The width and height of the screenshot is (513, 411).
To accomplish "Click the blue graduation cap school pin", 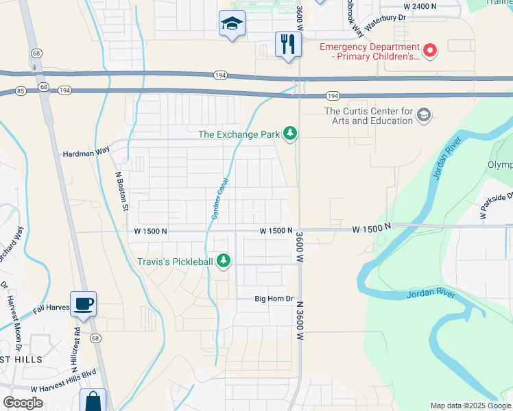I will (x=232, y=25).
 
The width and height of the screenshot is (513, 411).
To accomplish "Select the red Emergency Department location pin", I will (x=430, y=49).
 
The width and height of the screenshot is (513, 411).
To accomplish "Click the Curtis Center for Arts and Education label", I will (x=368, y=116).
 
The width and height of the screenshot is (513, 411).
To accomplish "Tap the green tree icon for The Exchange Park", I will (x=290, y=134).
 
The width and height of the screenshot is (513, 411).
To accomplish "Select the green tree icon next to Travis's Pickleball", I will (x=224, y=260).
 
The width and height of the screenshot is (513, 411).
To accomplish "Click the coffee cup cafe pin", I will (x=83, y=304).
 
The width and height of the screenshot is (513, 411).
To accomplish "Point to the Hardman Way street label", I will (x=86, y=155).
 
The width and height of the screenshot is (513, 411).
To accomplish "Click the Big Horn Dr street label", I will (x=274, y=299).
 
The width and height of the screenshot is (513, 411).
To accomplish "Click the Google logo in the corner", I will (x=23, y=403).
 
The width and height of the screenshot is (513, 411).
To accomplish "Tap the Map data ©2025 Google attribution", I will (x=470, y=406).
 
